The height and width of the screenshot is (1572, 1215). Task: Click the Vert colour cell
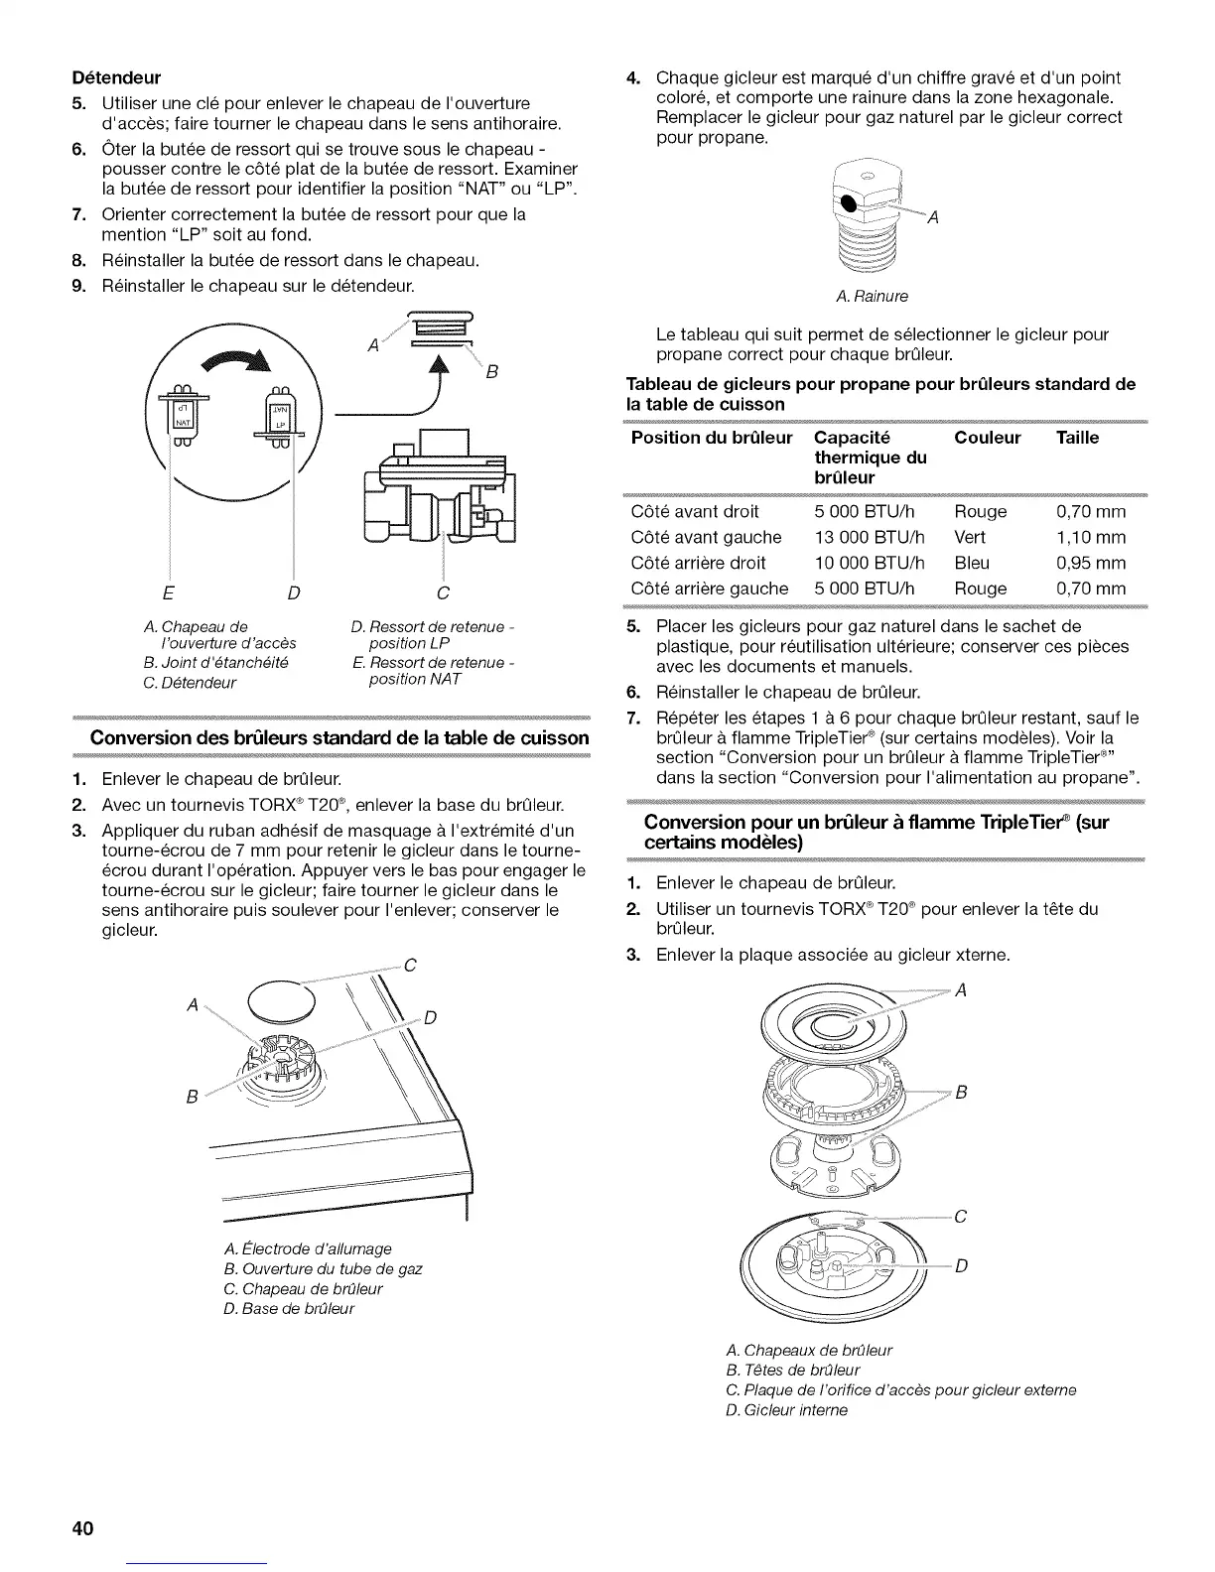tap(971, 537)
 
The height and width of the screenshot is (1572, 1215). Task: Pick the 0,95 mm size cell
tap(1091, 563)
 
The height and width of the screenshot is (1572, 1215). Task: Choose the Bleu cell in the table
tap(971, 563)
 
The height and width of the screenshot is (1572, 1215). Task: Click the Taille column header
tap(1078, 438)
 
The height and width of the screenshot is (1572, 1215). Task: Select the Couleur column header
tap(987, 438)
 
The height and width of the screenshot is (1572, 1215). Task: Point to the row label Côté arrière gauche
tap(709, 589)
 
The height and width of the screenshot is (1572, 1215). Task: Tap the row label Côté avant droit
tap(695, 511)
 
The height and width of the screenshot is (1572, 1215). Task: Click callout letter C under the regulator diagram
tap(443, 593)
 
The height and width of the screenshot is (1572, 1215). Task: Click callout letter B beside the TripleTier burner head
tap(960, 1094)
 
